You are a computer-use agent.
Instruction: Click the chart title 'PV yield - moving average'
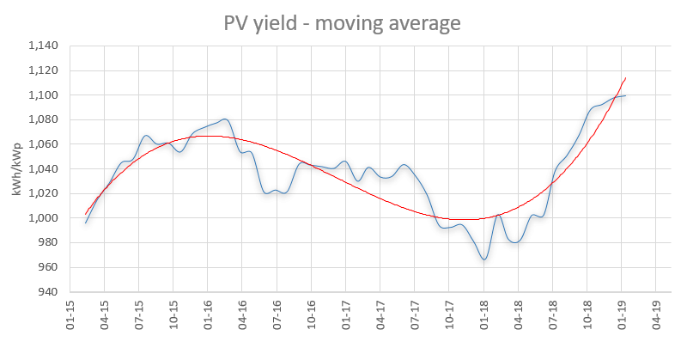pos(341,22)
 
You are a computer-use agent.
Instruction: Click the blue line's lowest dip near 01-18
pos(484,259)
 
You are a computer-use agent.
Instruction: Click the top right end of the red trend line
pos(625,78)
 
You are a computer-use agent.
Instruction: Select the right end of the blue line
pos(625,95)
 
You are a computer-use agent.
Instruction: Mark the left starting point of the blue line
pos(86,223)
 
